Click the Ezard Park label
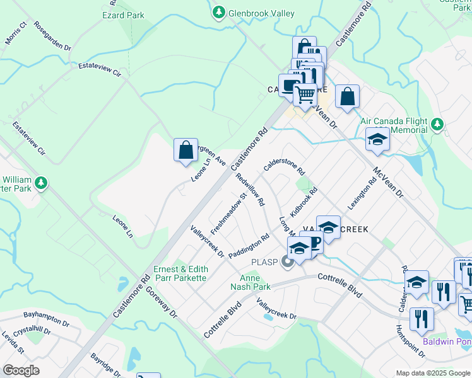[x=123, y=15]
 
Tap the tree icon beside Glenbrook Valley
[x=218, y=12]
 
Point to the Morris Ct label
[x=16, y=35]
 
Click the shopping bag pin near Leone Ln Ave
[x=186, y=151]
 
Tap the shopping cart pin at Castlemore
[x=305, y=94]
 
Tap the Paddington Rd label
[x=249, y=246]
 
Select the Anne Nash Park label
[x=254, y=282]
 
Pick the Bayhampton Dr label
[x=45, y=318]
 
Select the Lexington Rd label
[x=362, y=193]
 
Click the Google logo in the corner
[x=21, y=370]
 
